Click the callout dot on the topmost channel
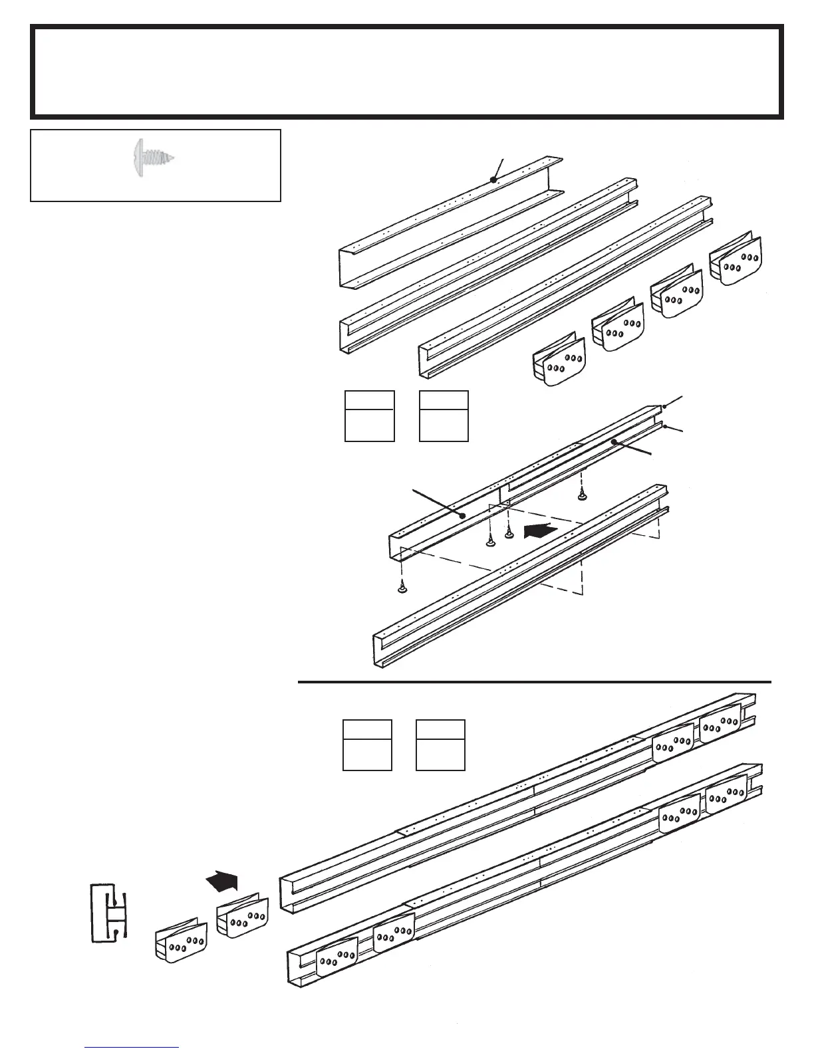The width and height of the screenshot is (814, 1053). [x=493, y=179]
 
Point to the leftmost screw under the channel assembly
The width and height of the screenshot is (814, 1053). [x=402, y=587]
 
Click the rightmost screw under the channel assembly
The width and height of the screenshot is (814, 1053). [x=582, y=493]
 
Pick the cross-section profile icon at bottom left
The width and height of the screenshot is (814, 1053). [x=108, y=912]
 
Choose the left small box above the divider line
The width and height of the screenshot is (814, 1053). [x=370, y=416]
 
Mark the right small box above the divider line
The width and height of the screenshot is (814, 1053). [x=444, y=416]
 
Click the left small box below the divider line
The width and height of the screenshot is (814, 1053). [x=367, y=745]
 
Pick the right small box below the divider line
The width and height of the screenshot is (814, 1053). [x=440, y=745]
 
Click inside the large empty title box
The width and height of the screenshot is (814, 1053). [x=406, y=71]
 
